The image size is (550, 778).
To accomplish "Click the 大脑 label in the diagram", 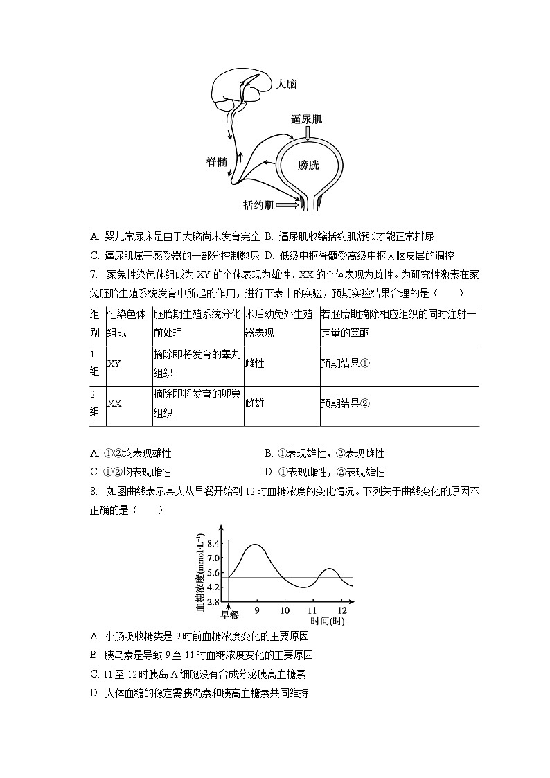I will click(286, 84).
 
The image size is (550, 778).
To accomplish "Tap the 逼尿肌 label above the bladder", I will click(306, 119).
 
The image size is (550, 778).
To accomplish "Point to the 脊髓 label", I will click(216, 161).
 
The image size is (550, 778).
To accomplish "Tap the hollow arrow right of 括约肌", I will click(290, 204).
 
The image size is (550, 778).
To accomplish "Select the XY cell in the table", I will click(115, 362).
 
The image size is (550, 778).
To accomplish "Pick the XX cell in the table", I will click(115, 403).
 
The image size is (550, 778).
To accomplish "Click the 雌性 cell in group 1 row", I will click(255, 362).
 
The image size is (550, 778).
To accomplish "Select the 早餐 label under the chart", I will click(229, 615).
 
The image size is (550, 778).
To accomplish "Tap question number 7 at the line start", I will click(94, 274).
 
